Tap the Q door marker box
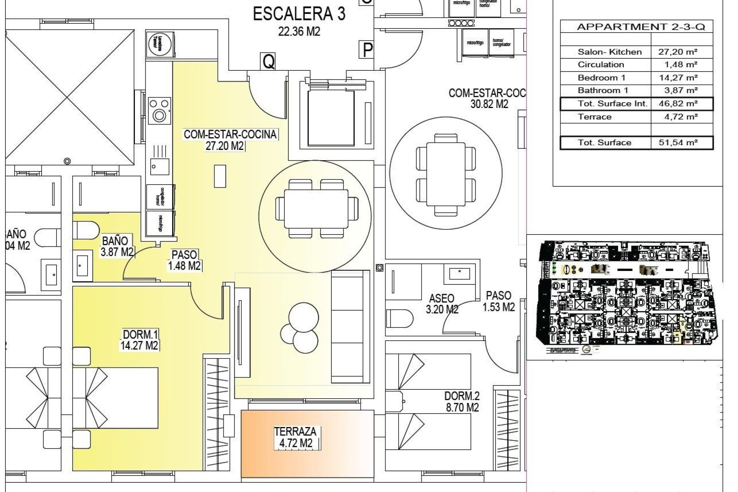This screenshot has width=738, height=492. [268, 61]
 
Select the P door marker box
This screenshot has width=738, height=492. [368, 50]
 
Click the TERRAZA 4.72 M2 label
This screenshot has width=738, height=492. [295, 437]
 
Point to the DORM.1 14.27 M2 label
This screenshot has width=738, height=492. [139, 340]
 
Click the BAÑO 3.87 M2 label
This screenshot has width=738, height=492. [117, 246]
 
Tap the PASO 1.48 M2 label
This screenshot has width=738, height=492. [184, 260]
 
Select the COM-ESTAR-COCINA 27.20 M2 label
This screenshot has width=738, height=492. [230, 140]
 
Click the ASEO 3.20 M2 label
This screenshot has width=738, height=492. [442, 304]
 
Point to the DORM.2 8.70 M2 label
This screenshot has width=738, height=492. [462, 402]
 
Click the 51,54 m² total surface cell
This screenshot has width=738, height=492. [681, 143]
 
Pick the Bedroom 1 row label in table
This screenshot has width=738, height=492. [601, 78]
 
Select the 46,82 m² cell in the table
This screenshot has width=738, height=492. [681, 104]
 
